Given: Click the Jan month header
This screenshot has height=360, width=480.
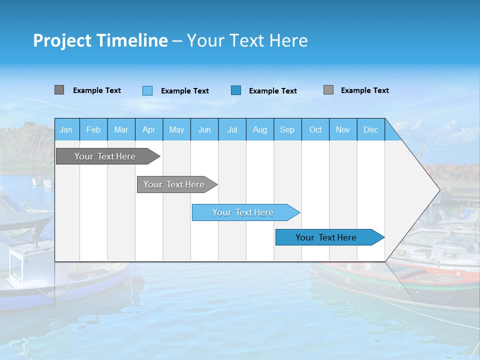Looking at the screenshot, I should pyautogui.click(x=66, y=129).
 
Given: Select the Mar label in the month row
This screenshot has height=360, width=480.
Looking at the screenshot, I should pyautogui.click(x=121, y=129).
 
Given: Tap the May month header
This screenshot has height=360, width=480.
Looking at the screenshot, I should pyautogui.click(x=176, y=129).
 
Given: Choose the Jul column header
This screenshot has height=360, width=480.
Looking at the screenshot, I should pyautogui.click(x=232, y=129).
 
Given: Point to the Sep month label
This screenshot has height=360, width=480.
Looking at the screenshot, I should pyautogui.click(x=287, y=129).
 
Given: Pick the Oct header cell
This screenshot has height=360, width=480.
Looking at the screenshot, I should pyautogui.click(x=315, y=129).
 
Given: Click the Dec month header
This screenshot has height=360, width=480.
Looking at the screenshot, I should pyautogui.click(x=370, y=129).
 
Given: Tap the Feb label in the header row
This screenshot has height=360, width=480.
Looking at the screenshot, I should pyautogui.click(x=93, y=129).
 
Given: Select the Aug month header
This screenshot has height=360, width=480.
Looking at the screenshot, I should pyautogui.click(x=259, y=129).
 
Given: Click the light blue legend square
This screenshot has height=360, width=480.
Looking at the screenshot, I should pyautogui.click(x=147, y=90).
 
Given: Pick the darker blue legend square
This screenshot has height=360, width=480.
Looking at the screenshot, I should pyautogui.click(x=236, y=90).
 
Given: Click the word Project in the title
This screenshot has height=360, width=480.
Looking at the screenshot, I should pyautogui.click(x=61, y=40).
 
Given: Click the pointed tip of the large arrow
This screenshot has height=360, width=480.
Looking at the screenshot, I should pyautogui.click(x=438, y=189).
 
